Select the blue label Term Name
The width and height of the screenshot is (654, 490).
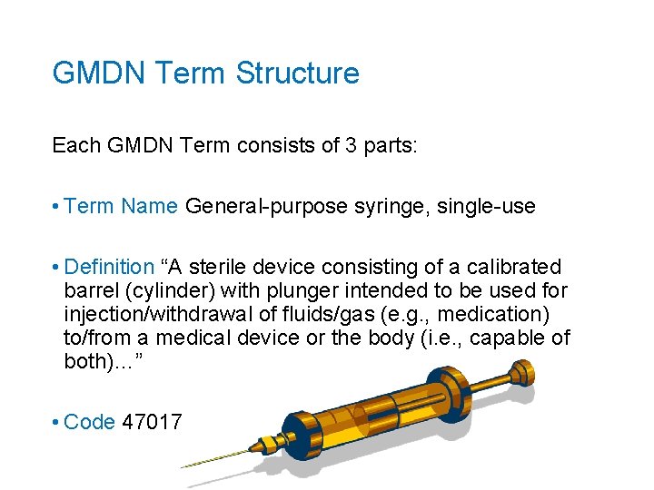click(x=122, y=206)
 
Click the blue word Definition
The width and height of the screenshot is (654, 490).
click(x=110, y=267)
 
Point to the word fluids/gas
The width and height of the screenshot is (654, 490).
click(x=350, y=314)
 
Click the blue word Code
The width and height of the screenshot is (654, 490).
click(x=89, y=422)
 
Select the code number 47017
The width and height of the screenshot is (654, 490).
click(x=153, y=422)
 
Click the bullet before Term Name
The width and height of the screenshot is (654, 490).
click(x=56, y=207)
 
